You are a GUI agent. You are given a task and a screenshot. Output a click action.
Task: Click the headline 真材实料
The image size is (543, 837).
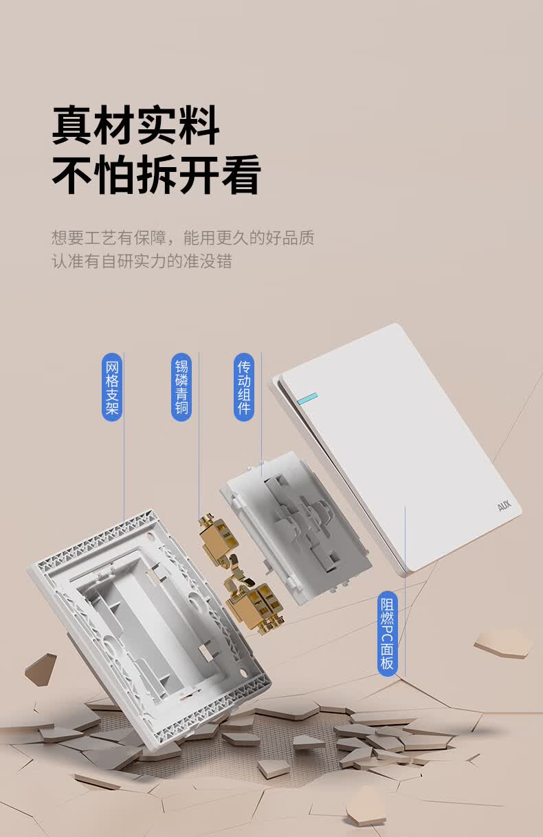(x=136, y=125)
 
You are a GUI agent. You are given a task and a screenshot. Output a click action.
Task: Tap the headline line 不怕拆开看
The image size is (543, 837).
(x=157, y=175)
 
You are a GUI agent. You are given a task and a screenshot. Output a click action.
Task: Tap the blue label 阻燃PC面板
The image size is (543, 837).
(x=388, y=633)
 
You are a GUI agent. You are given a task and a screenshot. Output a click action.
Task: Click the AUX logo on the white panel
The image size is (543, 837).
(x=505, y=507)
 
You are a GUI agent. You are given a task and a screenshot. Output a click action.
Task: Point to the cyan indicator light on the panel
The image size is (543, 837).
(x=307, y=398)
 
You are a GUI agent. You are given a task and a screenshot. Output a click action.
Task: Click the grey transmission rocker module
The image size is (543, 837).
(x=296, y=526)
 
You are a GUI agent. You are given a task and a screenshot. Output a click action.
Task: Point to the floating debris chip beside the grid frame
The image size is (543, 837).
(x=41, y=668)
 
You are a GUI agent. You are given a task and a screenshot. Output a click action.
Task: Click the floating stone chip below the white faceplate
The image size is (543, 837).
(x=503, y=642)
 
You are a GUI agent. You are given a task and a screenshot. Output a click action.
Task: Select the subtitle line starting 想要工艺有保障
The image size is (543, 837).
(x=183, y=239)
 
